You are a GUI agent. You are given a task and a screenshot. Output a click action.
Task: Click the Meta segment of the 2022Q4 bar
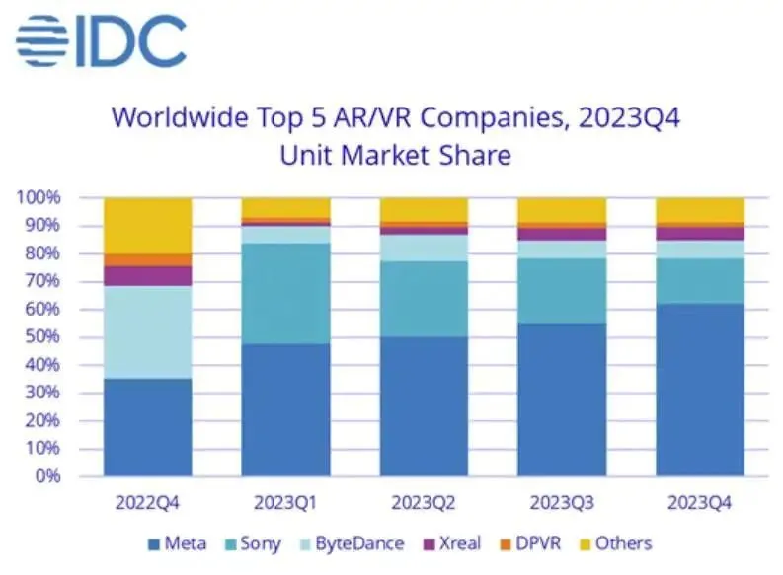pos(148,427)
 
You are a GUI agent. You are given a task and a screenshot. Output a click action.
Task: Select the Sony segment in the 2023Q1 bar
pos(286,293)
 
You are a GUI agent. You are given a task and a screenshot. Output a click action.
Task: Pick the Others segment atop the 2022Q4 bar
pos(148,225)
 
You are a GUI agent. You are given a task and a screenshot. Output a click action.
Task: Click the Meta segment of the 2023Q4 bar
pos(700,390)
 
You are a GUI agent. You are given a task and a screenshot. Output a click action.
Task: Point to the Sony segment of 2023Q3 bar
pos(562,291)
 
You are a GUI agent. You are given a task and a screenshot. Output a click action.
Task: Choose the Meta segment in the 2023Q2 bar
pos(425,406)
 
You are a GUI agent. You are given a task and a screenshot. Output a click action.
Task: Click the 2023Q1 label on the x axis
pos(286,500)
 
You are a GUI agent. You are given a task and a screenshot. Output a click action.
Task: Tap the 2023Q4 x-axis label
pos(700,500)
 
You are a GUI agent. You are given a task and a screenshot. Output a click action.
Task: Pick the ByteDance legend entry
pos(351,543)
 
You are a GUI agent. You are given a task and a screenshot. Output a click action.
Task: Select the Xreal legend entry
pos(453,543)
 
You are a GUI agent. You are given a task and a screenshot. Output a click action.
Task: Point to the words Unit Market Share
pos(395,156)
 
